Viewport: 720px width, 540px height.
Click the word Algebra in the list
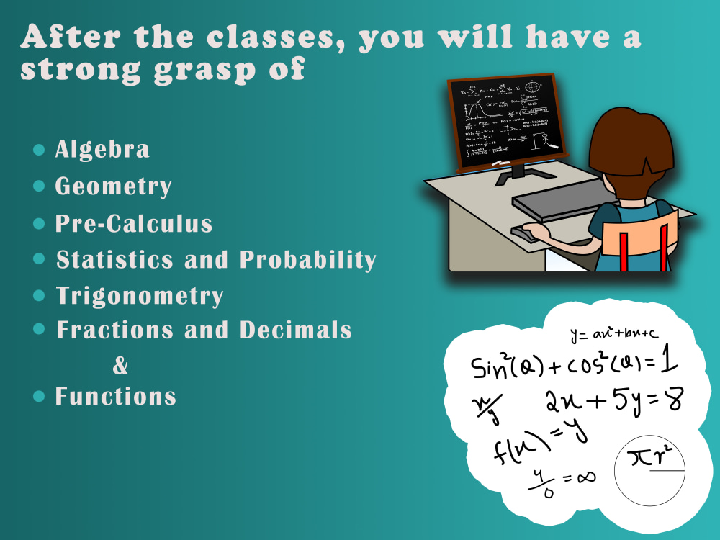pyautogui.click(x=102, y=149)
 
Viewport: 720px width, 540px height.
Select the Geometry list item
pyautogui.click(x=114, y=186)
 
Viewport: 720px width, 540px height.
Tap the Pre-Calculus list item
pyautogui.click(x=134, y=223)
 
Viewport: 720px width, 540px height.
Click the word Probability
pyautogui.click(x=308, y=259)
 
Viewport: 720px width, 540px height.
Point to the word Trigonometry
pyautogui.click(x=140, y=296)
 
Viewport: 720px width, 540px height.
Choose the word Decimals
pyautogui.click(x=296, y=330)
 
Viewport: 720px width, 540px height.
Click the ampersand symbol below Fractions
pyautogui.click(x=120, y=366)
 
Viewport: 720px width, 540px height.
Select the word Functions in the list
pyautogui.click(x=116, y=396)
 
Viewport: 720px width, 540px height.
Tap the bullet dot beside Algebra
pyautogui.click(x=39, y=150)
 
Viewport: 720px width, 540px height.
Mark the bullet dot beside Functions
pyautogui.click(x=39, y=396)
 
